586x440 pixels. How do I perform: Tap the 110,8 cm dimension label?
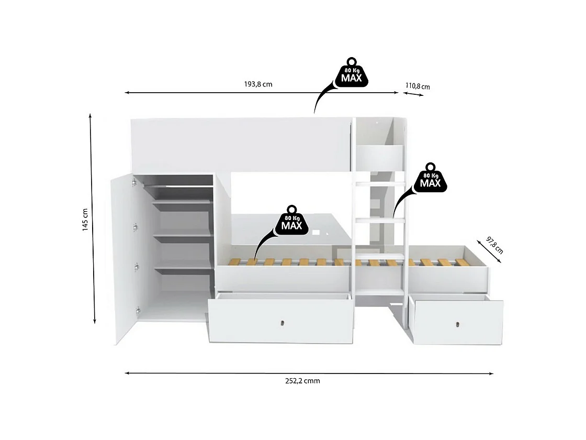click(x=417, y=86)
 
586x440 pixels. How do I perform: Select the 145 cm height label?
click(x=85, y=220)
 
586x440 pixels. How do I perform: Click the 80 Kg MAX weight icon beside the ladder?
click(x=430, y=178)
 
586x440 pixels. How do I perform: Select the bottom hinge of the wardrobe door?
click(x=137, y=310)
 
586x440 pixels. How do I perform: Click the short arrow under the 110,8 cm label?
click(x=413, y=93)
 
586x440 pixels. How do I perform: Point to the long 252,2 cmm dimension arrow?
click(x=309, y=373)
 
